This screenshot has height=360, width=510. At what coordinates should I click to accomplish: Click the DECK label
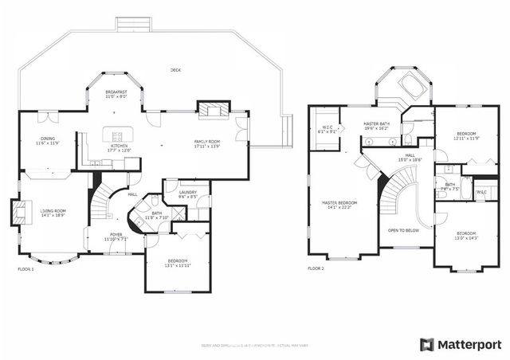click(x=175, y=70)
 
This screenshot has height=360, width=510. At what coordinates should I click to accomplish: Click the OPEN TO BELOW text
click(x=404, y=230)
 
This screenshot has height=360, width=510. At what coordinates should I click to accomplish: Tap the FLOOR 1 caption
click(x=26, y=269)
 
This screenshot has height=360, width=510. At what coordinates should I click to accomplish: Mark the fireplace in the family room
click(x=213, y=110)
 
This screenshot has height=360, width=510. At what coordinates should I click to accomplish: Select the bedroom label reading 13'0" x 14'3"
click(x=466, y=237)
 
